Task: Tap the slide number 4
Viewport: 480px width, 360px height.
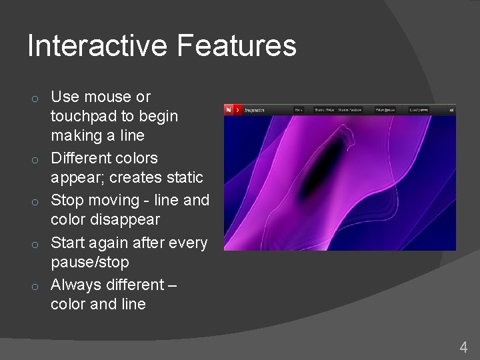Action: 463,347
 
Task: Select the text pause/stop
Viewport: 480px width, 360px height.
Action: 89,262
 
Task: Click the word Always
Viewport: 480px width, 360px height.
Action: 73,285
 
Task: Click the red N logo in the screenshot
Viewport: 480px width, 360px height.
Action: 231,110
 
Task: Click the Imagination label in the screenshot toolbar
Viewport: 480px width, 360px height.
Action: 254,110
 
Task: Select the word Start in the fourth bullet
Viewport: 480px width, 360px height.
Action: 69,243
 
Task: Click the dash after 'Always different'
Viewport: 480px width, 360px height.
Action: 173,285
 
